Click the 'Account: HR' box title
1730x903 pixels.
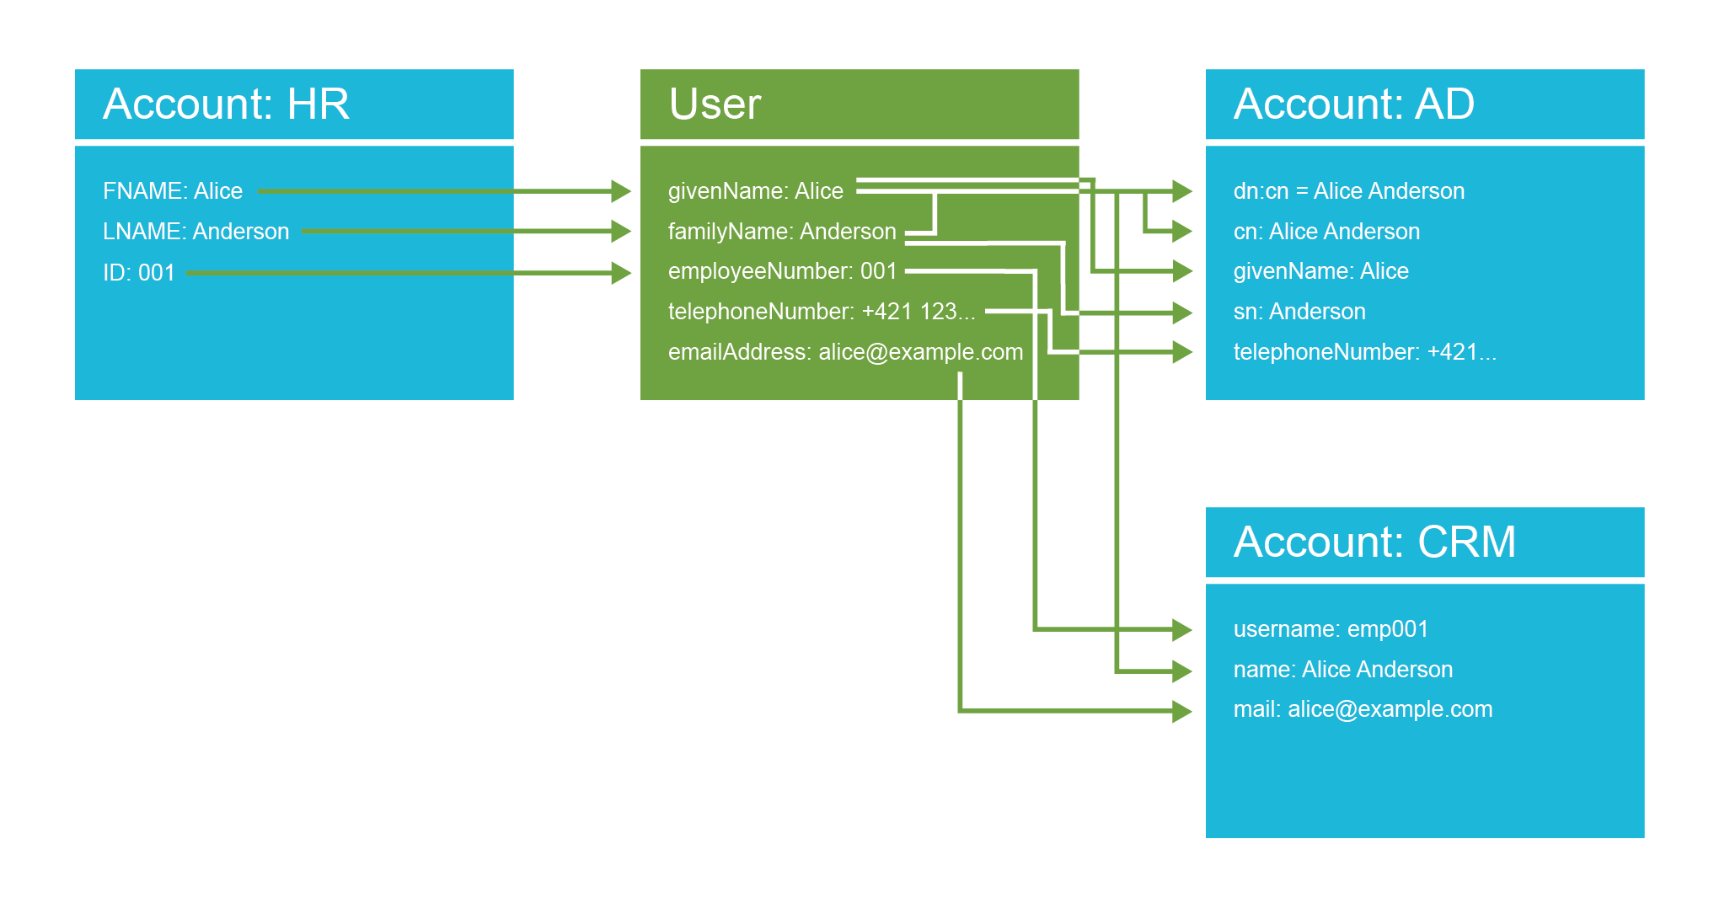pos(226,104)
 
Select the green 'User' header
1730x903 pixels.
pos(715,104)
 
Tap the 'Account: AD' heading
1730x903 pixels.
pos(1353,104)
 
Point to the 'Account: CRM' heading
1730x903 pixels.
pos(1374,542)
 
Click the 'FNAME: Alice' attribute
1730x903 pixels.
pos(173,191)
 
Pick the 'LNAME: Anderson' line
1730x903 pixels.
pos(195,232)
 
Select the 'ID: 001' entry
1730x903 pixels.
pos(138,273)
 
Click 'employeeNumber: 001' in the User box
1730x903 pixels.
pos(782,271)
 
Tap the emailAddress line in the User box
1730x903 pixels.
pos(844,352)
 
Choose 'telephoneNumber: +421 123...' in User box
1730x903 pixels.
pos(821,312)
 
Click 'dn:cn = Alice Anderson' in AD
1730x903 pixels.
pos(1348,191)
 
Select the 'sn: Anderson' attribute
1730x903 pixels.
pos(1299,312)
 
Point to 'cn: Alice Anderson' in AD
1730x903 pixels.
pos(1326,232)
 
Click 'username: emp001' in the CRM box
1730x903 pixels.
pos(1331,629)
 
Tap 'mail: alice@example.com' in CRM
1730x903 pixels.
pos(1362,709)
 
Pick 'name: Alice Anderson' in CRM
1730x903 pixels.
pos(1342,670)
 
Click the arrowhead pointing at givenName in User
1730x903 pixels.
pos(621,191)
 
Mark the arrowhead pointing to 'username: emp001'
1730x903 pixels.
pos(1181,629)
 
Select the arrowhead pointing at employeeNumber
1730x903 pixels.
pos(621,273)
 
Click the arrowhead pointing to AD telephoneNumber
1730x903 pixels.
pos(1181,352)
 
